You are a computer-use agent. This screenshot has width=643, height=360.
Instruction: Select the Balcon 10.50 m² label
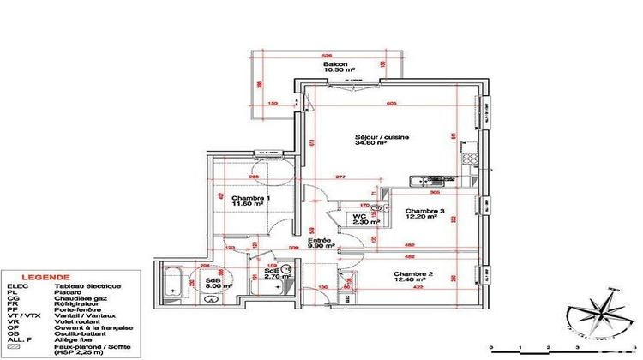pyautogui.click(x=335, y=69)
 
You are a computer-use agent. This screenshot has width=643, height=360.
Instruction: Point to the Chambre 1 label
pyautogui.click(x=233, y=200)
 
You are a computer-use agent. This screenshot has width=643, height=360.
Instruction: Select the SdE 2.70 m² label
pyautogui.click(x=273, y=275)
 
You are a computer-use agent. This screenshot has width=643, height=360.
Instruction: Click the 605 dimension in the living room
pyautogui.click(x=391, y=104)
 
